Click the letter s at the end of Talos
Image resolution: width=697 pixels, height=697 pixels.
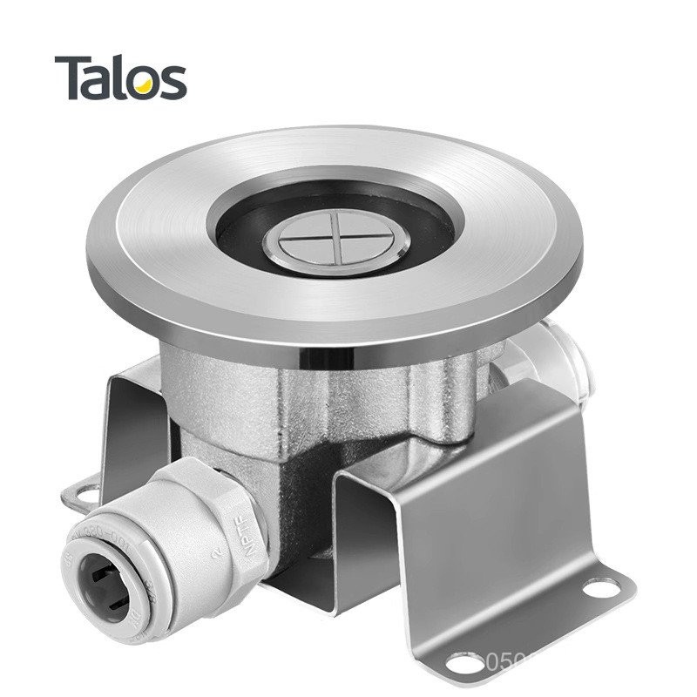pos(172,82)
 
